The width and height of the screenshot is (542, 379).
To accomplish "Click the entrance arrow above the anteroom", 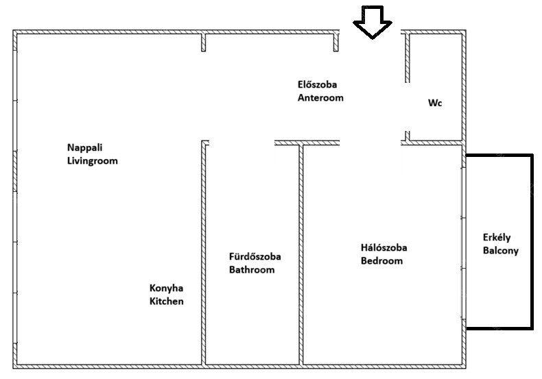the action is coord(373,22).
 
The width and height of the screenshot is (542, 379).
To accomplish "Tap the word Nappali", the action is coord(84,148).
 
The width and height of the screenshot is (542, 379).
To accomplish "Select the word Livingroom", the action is coord(93,161).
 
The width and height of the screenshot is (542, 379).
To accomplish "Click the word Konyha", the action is coord(166,289).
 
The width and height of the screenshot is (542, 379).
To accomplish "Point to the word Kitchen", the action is coord(166,301).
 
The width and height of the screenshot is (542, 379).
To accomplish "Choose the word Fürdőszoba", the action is coord(255,256).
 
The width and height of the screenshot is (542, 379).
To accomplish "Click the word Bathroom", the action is coord(252,269).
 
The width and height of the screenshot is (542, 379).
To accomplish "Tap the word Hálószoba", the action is coord(384,247).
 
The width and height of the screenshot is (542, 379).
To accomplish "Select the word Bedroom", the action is coord(381,260).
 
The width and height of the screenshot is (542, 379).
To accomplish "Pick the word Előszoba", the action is coord(317,84).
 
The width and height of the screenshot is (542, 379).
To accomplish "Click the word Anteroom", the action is coord(320,98).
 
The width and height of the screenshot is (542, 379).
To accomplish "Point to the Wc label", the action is coord(435,103).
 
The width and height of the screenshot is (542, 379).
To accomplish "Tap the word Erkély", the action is coord(496,238).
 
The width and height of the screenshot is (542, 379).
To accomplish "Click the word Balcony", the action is coord(501,251).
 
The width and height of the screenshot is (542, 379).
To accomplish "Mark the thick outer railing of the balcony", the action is coord(532,242).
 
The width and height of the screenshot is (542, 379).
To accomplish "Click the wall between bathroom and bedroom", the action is coord(301,255).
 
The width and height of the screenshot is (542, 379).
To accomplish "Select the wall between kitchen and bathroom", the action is coord(204,253).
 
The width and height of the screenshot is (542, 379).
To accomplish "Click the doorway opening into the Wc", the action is coord(408,107).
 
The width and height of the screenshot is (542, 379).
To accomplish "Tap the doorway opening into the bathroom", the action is coord(242,143).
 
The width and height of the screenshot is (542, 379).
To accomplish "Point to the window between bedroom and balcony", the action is coord(464,243).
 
